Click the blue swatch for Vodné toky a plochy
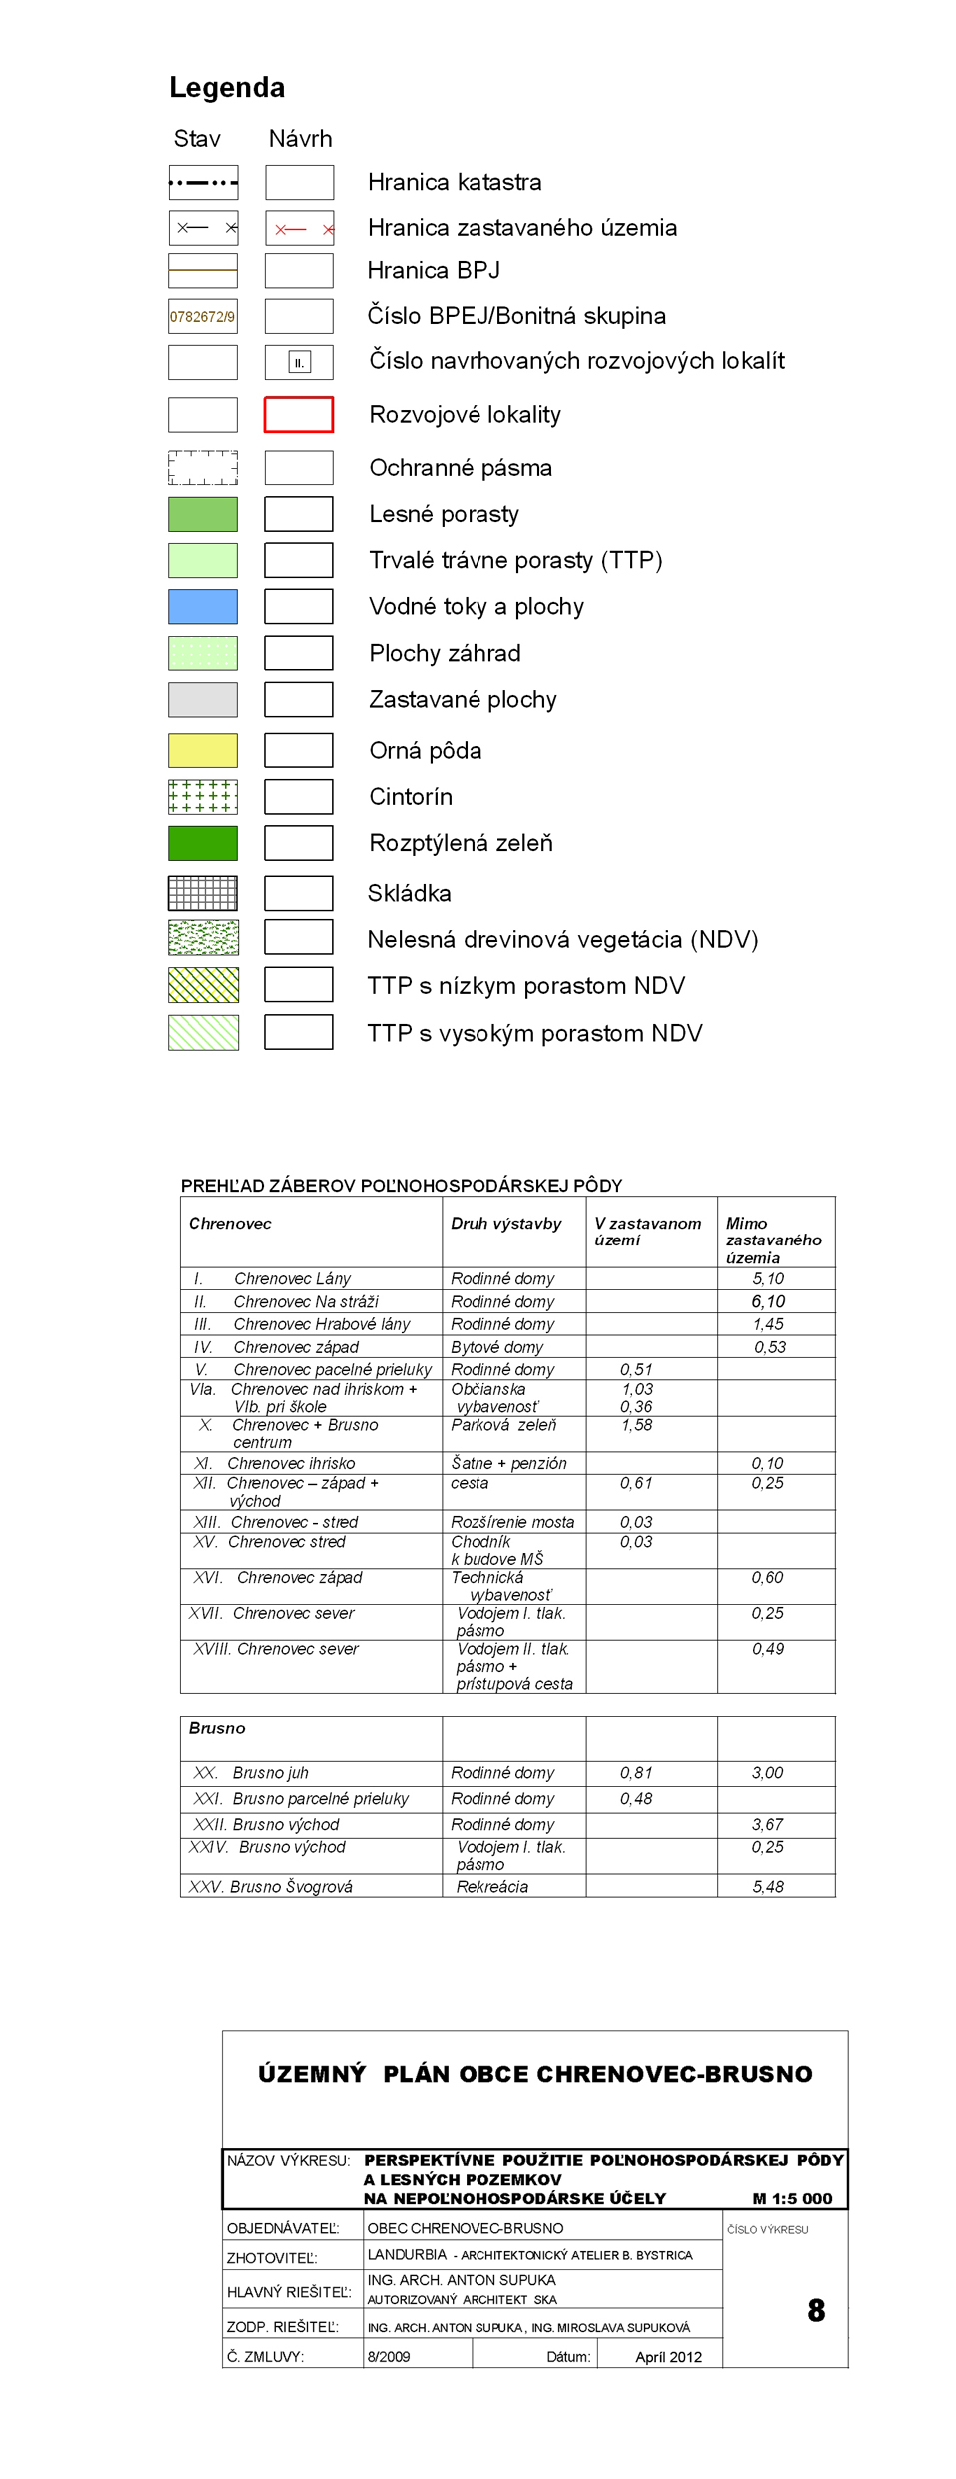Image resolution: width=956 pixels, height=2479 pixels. click(203, 606)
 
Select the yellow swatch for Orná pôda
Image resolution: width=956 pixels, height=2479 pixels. click(203, 750)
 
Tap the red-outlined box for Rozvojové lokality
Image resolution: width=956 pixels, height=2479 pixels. click(299, 414)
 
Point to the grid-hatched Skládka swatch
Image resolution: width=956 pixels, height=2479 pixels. click(203, 893)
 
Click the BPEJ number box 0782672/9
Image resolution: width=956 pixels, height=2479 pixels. click(203, 316)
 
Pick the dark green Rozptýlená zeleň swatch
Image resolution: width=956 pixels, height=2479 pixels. click(203, 843)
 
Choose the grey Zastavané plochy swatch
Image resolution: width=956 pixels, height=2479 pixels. click(203, 700)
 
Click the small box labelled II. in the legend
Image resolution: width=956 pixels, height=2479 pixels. click(299, 362)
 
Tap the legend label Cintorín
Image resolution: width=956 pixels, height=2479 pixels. click(411, 797)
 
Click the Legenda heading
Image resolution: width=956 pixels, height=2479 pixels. click(227, 88)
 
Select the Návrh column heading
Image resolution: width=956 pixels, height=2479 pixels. click(300, 139)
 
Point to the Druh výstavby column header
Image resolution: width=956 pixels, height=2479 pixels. click(506, 1224)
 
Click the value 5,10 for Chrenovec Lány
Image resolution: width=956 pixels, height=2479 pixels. click(768, 1279)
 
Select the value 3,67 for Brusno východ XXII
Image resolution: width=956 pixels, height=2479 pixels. click(767, 1824)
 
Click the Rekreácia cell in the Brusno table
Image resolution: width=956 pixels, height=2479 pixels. click(492, 1887)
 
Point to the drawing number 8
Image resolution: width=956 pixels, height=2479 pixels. click(816, 2310)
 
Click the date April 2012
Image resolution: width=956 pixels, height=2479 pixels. click(668, 2357)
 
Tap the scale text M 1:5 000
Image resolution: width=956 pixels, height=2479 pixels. click(792, 2199)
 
